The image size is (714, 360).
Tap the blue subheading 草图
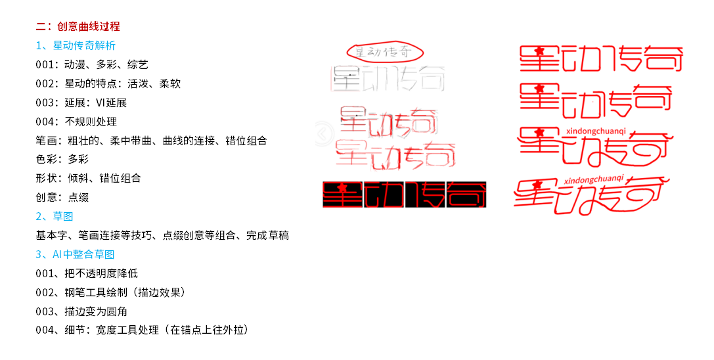[63, 216]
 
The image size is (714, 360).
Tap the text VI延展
[110, 102]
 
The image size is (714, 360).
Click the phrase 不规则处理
[91, 122]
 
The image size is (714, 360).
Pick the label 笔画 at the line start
[46, 141]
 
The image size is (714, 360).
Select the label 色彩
[46, 159]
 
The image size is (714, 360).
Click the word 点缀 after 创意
[78, 197]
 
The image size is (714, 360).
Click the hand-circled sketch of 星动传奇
[386, 52]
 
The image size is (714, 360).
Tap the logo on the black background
[405, 194]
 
